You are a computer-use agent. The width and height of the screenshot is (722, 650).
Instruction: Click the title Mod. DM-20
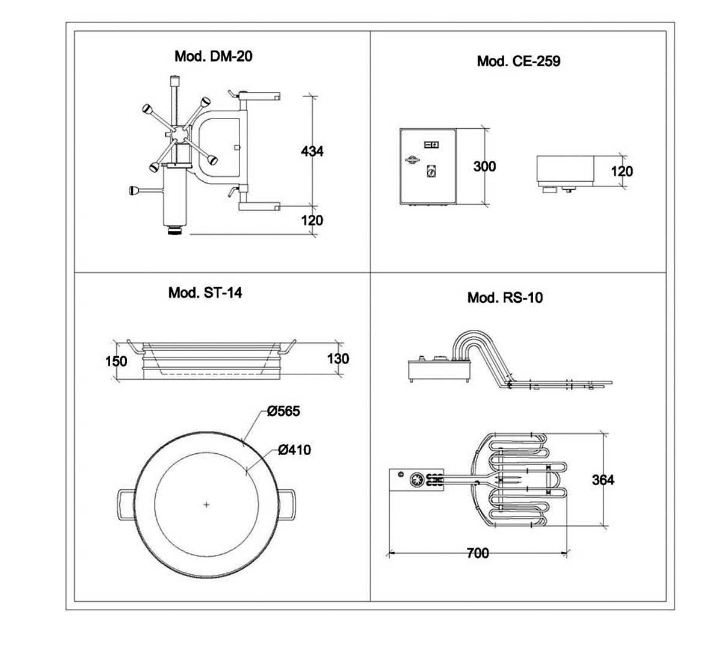pos(213,57)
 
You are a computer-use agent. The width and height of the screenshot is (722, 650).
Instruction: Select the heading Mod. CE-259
pos(518,61)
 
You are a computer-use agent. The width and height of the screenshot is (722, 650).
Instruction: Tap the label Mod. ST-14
pos(205,292)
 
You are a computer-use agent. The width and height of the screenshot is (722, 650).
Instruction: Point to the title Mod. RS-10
pos(505,298)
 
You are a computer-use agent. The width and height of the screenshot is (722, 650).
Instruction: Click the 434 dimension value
pos(312,151)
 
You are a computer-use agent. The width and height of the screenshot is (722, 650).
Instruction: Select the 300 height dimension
pos(484,166)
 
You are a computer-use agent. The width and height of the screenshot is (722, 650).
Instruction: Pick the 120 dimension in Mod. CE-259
pos(622,172)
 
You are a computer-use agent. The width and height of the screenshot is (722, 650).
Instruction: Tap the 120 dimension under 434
pos(312,220)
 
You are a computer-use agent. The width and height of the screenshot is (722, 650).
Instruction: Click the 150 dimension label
pos(116,361)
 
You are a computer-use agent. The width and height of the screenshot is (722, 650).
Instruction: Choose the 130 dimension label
pos(338,359)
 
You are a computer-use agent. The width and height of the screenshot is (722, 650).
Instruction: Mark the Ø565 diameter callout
pos(283,411)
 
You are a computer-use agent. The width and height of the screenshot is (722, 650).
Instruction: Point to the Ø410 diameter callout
pos(294,450)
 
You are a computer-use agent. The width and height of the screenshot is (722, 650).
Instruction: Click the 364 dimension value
pos(603,480)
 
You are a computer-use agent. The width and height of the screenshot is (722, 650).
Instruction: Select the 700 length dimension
pos(478,553)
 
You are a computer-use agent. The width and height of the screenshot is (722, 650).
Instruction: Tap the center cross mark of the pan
pos(206,504)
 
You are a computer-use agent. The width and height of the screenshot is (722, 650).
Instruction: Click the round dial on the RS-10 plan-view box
pos(418,480)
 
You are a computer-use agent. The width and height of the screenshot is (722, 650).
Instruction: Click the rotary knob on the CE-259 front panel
pos(430,171)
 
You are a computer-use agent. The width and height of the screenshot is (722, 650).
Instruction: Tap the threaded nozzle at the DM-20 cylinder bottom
pos(176,230)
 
